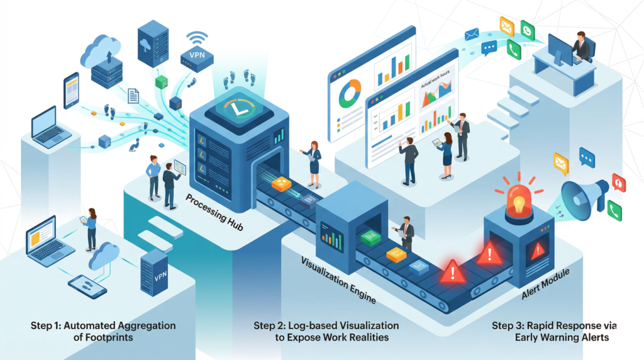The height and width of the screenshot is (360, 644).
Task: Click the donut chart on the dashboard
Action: pyautogui.click(x=350, y=93)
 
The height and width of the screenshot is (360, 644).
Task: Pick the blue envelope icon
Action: pyautogui.click(x=472, y=34)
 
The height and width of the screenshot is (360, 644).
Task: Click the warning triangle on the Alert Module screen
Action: pyautogui.click(x=538, y=251)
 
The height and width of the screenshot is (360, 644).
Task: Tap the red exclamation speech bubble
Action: pyautogui.click(x=619, y=183)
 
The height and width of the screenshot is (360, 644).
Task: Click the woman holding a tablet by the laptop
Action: pyautogui.click(x=92, y=228)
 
